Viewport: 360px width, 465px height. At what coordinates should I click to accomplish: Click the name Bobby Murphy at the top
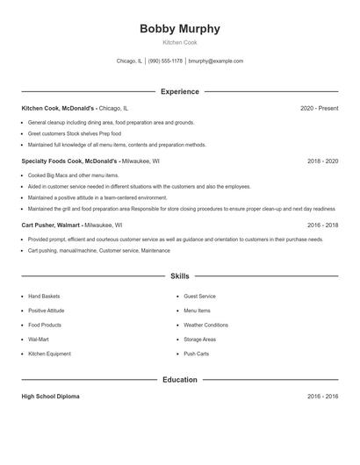(180, 29)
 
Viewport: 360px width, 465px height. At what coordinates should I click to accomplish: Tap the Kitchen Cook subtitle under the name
(180, 42)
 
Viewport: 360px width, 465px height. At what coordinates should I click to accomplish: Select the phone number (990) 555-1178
(165, 61)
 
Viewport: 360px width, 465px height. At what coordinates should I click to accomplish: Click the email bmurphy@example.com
(216, 61)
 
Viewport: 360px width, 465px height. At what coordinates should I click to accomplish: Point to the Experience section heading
(180, 91)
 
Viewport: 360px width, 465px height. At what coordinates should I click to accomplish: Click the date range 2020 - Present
(319, 108)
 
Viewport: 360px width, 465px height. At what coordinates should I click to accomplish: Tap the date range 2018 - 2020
(322, 161)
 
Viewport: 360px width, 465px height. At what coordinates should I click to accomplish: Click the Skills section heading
(180, 275)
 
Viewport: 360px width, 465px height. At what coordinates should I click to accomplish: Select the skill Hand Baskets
(44, 297)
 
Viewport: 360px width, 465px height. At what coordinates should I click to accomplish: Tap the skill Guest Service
(199, 297)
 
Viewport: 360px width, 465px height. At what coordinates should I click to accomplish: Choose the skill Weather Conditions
(205, 325)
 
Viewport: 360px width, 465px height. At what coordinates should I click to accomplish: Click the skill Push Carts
(196, 354)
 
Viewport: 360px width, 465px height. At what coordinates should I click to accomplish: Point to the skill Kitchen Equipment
(49, 354)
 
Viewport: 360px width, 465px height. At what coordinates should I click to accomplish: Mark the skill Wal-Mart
(39, 339)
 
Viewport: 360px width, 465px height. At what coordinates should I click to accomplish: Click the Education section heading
(180, 380)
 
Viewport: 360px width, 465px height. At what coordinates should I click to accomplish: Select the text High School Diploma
(50, 397)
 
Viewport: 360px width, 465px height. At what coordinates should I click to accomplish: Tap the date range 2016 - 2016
(322, 397)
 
